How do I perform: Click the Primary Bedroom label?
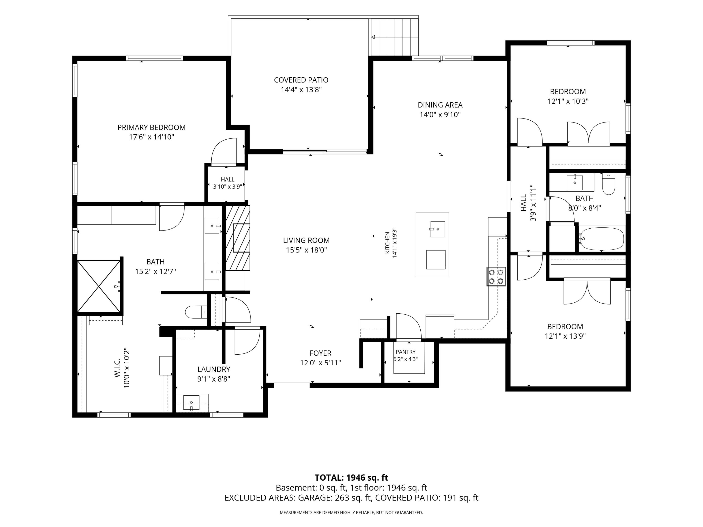tap(152, 127)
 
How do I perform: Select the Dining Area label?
tap(440, 105)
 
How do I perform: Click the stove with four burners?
tap(496, 277)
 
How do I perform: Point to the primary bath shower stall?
tap(99, 286)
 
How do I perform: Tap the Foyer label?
tap(320, 353)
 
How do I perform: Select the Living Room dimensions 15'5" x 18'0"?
tap(306, 250)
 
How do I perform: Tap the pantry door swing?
tap(409, 326)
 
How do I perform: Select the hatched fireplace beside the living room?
tap(237, 238)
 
